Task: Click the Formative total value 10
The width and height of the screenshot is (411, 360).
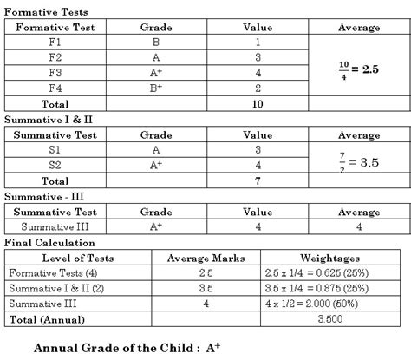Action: coord(258,102)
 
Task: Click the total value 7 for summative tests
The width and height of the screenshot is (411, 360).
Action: coord(258,180)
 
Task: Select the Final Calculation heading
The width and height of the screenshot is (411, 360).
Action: coord(49,243)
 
